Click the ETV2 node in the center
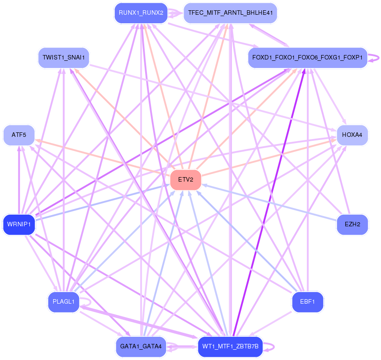point(186,179)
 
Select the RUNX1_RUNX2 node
point(141,13)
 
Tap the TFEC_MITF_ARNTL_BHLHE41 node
point(230,13)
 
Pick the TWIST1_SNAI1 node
point(64,58)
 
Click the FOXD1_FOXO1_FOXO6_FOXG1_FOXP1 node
point(307,58)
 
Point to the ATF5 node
point(19,135)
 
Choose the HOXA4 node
point(352,135)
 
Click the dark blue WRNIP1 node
point(19,224)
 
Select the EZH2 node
point(352,224)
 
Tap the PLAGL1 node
point(64,301)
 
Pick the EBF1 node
point(307,301)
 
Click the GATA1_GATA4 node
point(141,347)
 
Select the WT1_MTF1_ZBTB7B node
point(230,347)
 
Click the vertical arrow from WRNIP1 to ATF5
point(19,180)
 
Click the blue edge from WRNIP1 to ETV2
point(102,202)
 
